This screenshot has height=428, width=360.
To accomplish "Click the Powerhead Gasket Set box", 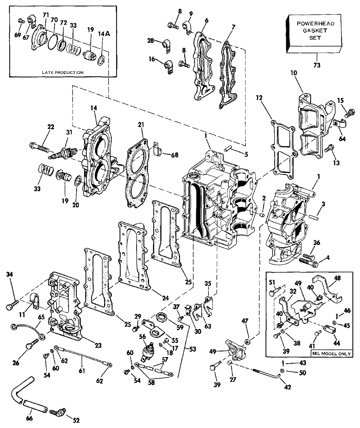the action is pyautogui.click(x=314, y=33).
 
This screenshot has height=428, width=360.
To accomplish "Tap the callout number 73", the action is pyautogui.click(x=317, y=65).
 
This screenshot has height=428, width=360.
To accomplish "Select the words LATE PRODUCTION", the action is pyautogui.click(x=63, y=72).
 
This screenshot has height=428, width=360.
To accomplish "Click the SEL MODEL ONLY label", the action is pyautogui.click(x=332, y=353).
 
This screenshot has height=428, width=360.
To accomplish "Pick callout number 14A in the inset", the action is pyautogui.click(x=104, y=34).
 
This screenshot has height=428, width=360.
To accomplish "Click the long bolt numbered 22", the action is pyautogui.click(x=40, y=147).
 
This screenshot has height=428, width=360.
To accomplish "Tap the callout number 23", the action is pyautogui.click(x=98, y=345).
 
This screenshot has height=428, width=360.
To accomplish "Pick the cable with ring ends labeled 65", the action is pyautogui.click(x=26, y=330).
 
